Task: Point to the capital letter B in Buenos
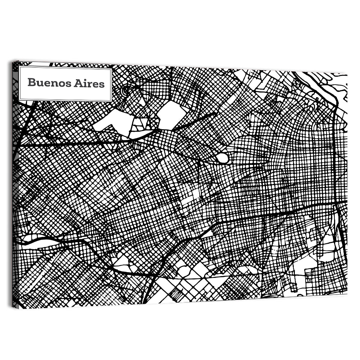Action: coord(31,82)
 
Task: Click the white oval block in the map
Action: coord(222,158)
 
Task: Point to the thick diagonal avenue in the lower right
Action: coord(274,215)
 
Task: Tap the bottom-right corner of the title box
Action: coord(111,101)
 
